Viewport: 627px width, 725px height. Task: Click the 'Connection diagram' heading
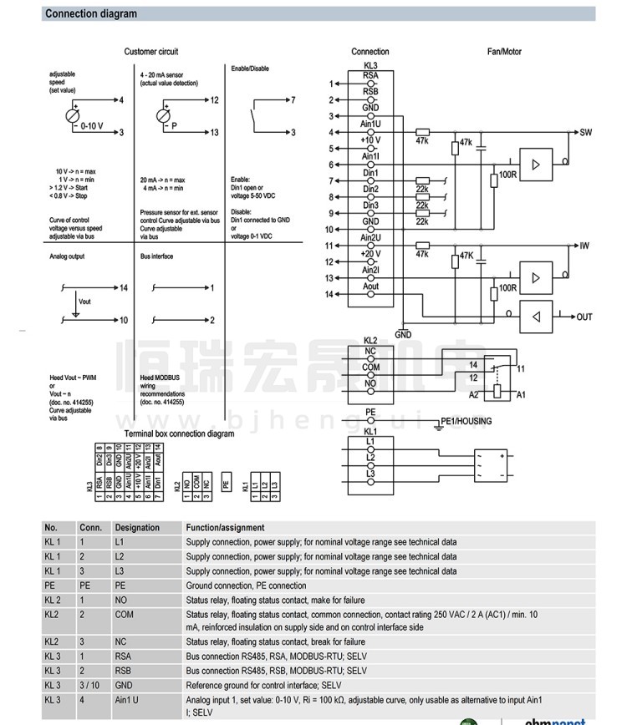pyautogui.click(x=91, y=14)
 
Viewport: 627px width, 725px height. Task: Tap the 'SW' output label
pyautogui.click(x=585, y=132)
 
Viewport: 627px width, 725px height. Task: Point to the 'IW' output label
pyautogui.click(x=584, y=246)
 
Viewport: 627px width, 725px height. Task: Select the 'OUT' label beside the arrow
pyautogui.click(x=584, y=317)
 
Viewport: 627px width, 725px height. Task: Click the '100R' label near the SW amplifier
pyautogui.click(x=507, y=175)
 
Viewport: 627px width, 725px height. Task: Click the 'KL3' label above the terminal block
pyautogui.click(x=370, y=65)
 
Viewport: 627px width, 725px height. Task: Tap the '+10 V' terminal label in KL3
pyautogui.click(x=370, y=139)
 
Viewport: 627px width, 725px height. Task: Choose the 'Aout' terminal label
pyautogui.click(x=370, y=286)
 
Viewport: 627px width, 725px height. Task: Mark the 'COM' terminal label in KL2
pyautogui.click(x=371, y=367)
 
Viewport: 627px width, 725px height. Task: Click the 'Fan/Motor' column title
pyautogui.click(x=504, y=52)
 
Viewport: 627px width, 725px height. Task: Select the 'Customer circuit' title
pyautogui.click(x=151, y=52)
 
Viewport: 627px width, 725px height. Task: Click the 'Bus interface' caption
pyautogui.click(x=156, y=256)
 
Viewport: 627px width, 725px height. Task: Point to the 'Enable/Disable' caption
pyautogui.click(x=250, y=68)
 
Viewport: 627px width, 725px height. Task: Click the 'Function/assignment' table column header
pyautogui.click(x=225, y=528)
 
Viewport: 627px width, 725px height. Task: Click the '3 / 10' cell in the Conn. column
pyautogui.click(x=89, y=684)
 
